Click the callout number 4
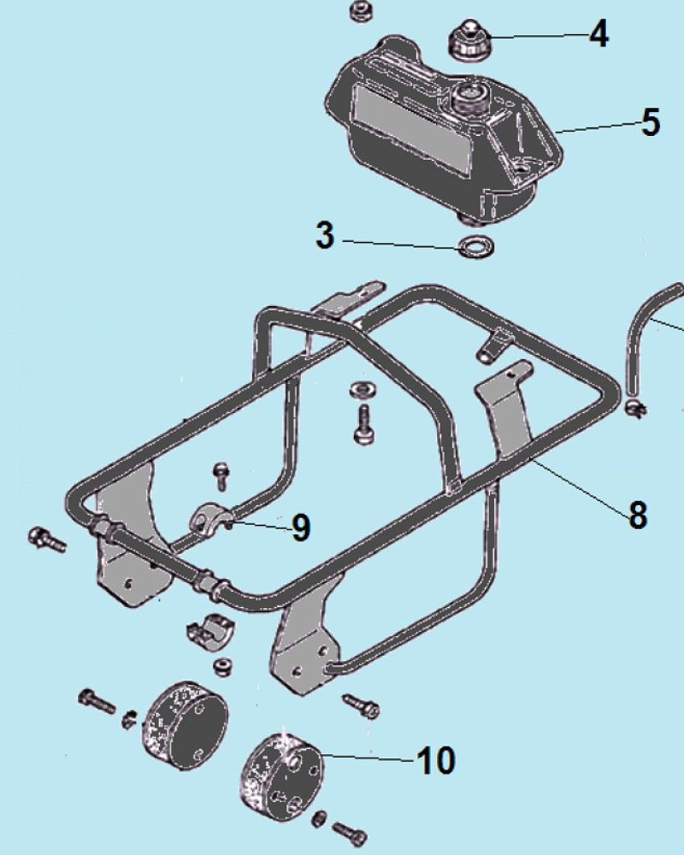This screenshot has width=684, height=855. coord(598,35)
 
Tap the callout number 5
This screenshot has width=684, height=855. coord(651,122)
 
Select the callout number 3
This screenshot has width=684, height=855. coord(325,235)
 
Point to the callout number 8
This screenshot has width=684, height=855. coord(638,515)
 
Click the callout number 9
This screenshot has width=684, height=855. coord(301,528)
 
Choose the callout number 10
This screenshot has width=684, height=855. coord(435,760)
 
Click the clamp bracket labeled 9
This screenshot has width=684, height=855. coord(209,518)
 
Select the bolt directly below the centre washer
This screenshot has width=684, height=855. coord(363,424)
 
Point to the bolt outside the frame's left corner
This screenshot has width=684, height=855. coord(47,539)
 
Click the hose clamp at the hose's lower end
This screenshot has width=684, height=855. coord(634,407)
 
